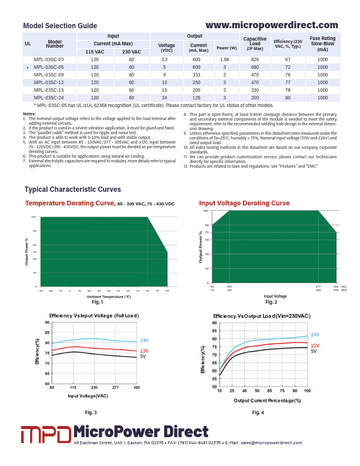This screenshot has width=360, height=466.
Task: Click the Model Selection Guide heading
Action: tap(60, 26)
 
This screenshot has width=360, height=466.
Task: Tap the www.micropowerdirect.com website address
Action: tap(272, 25)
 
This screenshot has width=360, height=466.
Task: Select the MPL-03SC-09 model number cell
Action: tap(49, 75)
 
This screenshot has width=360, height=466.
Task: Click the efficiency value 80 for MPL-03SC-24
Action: tap(288, 98)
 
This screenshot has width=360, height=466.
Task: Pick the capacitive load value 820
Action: tap(255, 60)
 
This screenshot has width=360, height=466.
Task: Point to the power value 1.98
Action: tap(225, 60)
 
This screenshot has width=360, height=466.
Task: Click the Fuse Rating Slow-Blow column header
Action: tap(322, 44)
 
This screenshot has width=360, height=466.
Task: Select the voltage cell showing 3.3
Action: tap(164, 60)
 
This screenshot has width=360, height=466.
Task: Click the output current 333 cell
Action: tap(196, 75)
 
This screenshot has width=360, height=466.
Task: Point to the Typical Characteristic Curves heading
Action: tap(72, 189)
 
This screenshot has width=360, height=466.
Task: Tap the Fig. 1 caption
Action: tap(98, 302)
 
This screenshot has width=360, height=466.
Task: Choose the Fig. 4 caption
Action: tap(258, 412)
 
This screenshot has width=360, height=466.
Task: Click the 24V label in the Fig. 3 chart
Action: tap(144, 341)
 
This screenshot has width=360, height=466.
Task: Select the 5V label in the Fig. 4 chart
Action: tap(314, 351)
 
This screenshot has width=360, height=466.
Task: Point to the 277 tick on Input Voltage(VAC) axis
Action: tap(115, 388)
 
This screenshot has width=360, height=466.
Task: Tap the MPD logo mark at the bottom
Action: tap(46, 435)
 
